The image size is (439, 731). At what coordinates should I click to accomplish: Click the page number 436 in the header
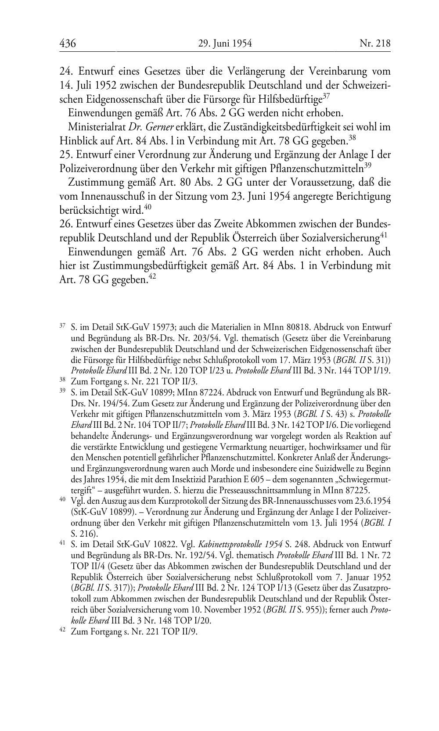tap(68, 43)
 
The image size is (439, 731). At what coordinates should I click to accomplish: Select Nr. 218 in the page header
tap(375, 43)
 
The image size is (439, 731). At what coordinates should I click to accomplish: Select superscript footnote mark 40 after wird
tap(148, 207)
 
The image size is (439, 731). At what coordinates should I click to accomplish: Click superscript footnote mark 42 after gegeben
tap(153, 276)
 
